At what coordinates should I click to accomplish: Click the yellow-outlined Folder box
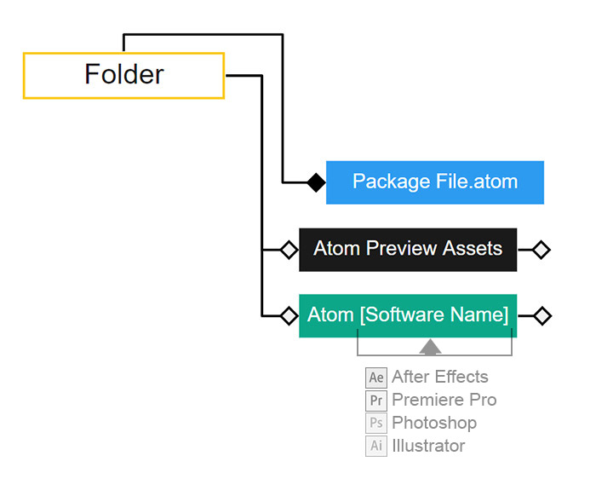[123, 75]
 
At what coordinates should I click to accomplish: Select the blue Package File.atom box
[434, 182]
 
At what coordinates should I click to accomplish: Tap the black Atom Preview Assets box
[408, 249]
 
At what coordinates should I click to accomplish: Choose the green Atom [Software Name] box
[408, 315]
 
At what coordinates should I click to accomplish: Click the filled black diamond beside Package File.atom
[316, 182]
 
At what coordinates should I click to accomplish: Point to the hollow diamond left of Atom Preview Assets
[289, 250]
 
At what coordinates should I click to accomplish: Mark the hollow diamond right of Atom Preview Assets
[541, 250]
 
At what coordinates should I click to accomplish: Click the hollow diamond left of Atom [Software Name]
[289, 316]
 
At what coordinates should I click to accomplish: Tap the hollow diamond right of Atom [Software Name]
[542, 316]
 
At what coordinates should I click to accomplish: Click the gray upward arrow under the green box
[430, 346]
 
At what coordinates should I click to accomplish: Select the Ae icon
[376, 378]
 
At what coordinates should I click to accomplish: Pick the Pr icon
[376, 401]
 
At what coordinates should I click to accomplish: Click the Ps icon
[376, 424]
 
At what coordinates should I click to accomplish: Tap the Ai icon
[376, 447]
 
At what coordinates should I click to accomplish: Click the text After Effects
[440, 377]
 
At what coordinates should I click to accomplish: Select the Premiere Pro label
[444, 400]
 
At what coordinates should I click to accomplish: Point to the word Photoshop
[434, 423]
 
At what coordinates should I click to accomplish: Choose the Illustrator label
[428, 446]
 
